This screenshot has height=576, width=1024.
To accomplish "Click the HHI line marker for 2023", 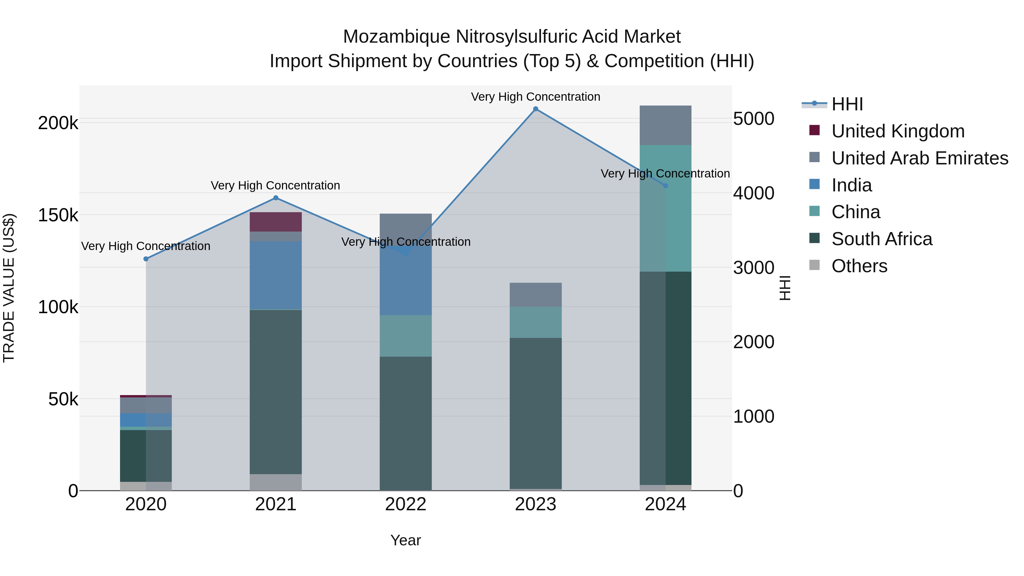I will coord(535,109).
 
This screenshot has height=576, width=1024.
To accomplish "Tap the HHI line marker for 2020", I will coord(146,259).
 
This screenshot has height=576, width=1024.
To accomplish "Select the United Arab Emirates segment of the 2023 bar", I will coord(535,295).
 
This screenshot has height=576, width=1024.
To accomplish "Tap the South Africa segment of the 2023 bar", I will coord(535,413).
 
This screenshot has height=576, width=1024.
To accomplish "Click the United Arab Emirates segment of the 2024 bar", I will coord(665,125).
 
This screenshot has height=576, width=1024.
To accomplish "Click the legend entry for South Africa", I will coord(882,239).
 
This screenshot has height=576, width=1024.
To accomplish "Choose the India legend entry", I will coord(851,185).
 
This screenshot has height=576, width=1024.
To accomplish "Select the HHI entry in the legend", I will coord(847,104).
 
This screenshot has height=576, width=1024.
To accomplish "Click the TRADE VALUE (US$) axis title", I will coord(9,288).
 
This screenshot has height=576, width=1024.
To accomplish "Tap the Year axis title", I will coord(405,540).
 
